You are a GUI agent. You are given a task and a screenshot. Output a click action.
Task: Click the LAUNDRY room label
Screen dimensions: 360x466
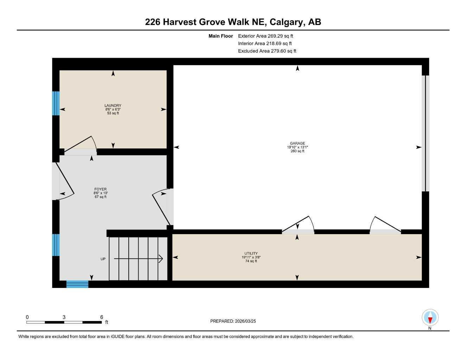(113, 105)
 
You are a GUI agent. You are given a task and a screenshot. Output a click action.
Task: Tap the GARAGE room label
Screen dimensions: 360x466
(298, 143)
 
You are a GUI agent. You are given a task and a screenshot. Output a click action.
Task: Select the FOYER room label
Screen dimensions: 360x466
(100, 189)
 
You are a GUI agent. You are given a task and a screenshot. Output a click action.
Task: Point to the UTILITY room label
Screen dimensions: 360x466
(251, 253)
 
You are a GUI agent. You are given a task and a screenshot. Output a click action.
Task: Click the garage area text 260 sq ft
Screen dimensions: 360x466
(298, 151)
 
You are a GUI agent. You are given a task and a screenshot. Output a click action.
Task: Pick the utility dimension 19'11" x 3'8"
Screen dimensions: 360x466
(251, 257)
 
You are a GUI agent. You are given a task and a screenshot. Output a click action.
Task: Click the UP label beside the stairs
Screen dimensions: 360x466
(103, 259)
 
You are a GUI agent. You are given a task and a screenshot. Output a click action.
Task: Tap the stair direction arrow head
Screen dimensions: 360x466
(161, 259)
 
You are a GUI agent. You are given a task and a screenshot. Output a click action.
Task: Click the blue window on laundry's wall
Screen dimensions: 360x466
(56, 103)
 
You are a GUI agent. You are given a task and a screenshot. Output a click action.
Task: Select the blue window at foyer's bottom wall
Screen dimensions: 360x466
(77, 284)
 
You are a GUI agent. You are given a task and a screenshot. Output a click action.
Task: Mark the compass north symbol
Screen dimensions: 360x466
(430, 318)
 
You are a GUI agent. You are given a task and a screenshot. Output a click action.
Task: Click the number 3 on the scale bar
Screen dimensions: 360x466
(64, 317)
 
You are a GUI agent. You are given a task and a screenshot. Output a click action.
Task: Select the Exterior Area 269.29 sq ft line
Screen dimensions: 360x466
(266, 36)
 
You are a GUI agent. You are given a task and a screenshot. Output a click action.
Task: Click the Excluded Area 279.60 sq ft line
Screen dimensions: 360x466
(267, 51)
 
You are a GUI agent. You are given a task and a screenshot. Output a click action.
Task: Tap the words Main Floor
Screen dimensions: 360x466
(221, 36)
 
